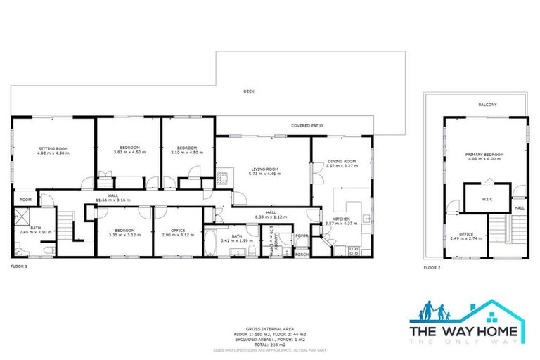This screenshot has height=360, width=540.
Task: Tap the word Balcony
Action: point(487,105)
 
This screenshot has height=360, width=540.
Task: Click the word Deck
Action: point(248,91)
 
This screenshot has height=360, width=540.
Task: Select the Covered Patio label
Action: point(307,126)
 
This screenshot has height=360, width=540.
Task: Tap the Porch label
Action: point(302,254)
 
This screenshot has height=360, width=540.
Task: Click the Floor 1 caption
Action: point(18,267)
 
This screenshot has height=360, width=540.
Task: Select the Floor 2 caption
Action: point(432,268)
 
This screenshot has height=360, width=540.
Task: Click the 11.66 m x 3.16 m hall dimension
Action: point(112,200)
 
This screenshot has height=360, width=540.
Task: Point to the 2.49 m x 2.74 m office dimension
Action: point(466,238)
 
